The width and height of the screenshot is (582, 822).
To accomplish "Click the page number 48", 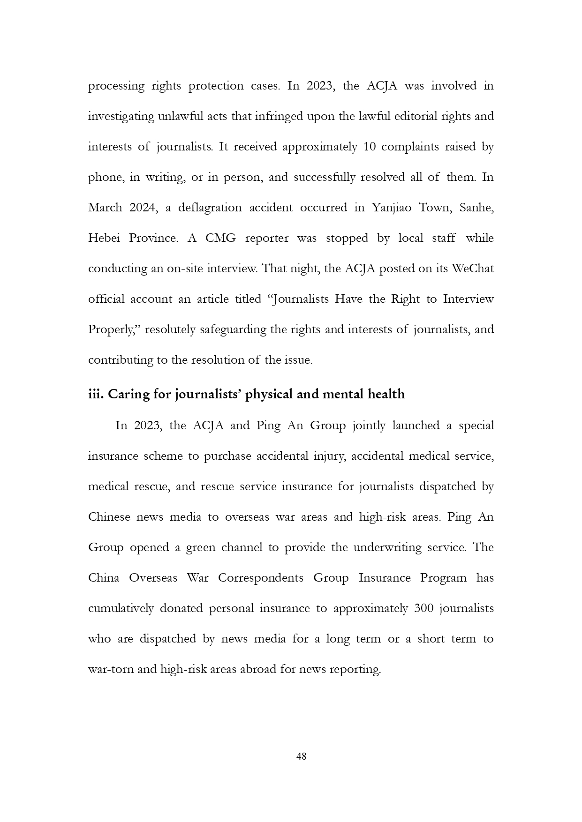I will click(x=302, y=756).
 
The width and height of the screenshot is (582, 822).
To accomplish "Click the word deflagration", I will click(x=210, y=208).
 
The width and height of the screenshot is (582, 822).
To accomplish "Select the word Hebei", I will click(x=104, y=238).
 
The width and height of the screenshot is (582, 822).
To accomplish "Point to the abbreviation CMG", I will click(x=220, y=238).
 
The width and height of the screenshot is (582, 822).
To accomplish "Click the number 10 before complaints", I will click(x=370, y=147).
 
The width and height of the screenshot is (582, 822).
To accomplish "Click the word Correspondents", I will click(x=261, y=578).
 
